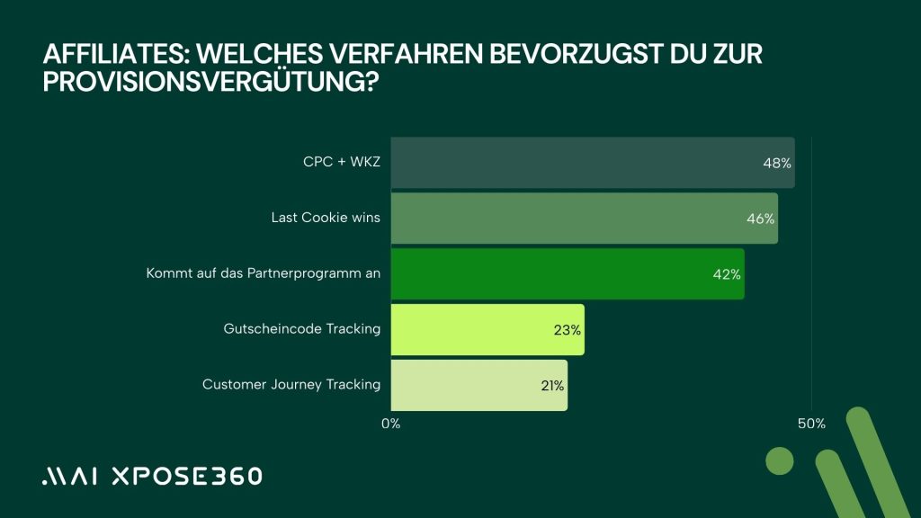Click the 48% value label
pos(776,164)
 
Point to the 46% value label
pos(760,219)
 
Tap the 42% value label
pos(726,274)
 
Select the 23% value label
pos(568,330)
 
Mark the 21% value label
pos(551,386)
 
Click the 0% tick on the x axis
pos(391,424)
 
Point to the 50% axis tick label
pos(811,424)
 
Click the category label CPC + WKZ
pos(342,163)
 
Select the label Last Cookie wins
pos(326,218)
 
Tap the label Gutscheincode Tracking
pos(301,329)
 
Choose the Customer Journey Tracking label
pos(291,385)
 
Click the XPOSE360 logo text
pos(186,477)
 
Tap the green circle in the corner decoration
pos(779,461)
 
